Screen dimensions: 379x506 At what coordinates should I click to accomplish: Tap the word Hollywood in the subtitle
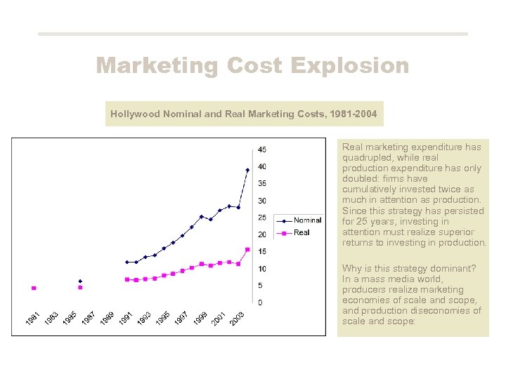(136, 113)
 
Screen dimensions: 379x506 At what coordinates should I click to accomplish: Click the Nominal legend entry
(307, 220)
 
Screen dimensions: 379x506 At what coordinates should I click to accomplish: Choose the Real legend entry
(301, 232)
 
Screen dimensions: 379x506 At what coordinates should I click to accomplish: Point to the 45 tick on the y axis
(261, 149)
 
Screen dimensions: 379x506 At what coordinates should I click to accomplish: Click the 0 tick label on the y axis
(260, 302)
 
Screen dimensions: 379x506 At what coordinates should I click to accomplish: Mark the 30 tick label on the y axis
(261, 201)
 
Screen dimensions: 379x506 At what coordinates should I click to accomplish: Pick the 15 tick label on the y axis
(261, 252)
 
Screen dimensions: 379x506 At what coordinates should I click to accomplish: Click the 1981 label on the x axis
(32, 318)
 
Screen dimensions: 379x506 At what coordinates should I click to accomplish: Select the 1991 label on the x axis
(125, 318)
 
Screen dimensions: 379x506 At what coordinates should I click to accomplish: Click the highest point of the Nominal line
(247, 170)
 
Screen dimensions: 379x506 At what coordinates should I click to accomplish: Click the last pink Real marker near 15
(247, 249)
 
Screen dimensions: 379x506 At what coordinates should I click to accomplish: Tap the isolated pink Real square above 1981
(34, 288)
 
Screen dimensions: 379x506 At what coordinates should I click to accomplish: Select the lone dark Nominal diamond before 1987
(80, 281)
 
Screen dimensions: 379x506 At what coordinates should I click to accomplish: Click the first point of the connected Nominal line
(126, 262)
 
